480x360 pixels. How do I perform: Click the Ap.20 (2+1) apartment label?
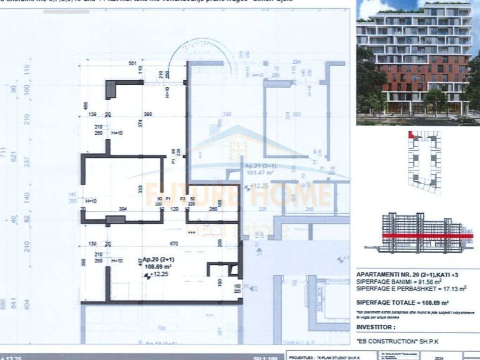click(x=159, y=260)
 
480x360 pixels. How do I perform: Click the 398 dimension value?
click(x=148, y=114)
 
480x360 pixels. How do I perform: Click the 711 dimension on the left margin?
click(x=4, y=153)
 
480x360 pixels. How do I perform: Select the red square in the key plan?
click(x=411, y=135)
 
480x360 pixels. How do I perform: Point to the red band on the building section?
click(x=427, y=236)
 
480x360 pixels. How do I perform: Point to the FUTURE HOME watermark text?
click(x=239, y=195)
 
